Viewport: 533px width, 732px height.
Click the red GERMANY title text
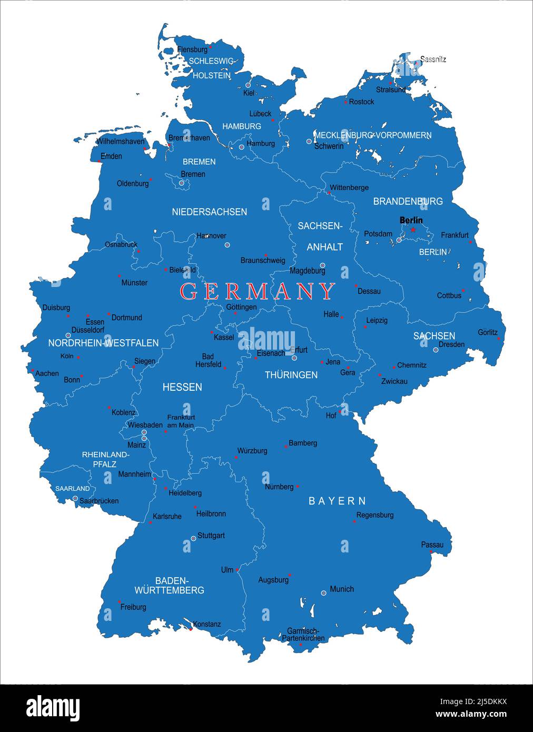tap(258, 291)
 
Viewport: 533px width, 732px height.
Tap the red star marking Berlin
tap(413, 230)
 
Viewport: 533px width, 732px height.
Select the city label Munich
tap(342, 589)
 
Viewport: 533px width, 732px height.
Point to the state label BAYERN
tap(337, 501)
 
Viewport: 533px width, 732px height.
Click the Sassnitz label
tap(433, 60)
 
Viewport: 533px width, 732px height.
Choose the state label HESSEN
tap(182, 387)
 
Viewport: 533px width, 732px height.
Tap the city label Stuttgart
tap(211, 536)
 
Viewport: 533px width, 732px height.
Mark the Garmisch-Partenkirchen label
tap(303, 635)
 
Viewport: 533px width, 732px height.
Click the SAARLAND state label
tap(73, 489)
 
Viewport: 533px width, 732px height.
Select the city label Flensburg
tap(192, 50)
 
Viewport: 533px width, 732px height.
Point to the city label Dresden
tap(451, 344)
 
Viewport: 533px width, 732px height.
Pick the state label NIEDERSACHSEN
tap(209, 212)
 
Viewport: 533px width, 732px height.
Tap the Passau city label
tap(432, 545)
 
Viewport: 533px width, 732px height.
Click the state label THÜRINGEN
tap(291, 375)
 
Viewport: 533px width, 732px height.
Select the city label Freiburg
tap(133, 607)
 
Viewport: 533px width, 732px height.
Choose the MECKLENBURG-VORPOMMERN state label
tap(373, 135)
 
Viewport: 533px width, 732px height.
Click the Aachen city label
tap(47, 373)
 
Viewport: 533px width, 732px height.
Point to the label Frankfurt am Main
tap(181, 421)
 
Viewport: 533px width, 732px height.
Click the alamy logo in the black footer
tap(53, 707)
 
